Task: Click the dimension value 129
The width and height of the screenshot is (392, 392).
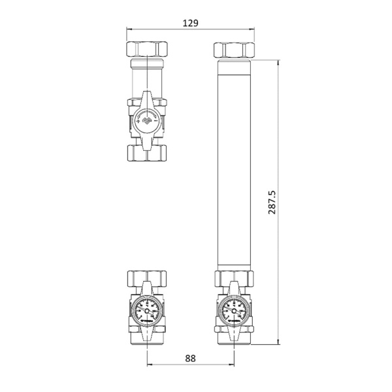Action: point(190,23)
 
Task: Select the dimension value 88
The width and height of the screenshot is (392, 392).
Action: point(190,359)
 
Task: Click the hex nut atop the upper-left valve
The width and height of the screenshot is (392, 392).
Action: point(148,50)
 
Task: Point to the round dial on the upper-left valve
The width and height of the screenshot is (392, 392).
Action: point(147,122)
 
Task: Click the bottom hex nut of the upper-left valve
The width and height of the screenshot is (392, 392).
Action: point(148,153)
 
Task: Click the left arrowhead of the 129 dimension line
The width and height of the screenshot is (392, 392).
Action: point(128,29)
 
